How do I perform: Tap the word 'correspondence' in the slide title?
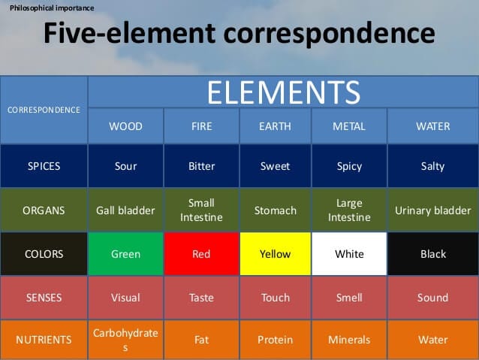330,33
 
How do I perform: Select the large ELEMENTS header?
284,92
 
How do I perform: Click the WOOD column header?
125,126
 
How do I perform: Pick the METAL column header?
349,126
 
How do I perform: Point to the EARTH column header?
276,126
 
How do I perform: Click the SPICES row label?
44,166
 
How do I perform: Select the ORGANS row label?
44,210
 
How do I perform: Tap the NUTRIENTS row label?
44,340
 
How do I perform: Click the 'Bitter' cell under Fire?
202,166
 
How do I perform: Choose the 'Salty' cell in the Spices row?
433,166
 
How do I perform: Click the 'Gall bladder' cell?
125,210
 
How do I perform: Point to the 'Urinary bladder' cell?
433,210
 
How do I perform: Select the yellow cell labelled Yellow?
276,254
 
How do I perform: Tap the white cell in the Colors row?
349,254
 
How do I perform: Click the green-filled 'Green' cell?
125,254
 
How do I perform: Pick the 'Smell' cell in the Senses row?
349,298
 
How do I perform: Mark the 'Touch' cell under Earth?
276,298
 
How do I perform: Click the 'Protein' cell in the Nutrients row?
276,340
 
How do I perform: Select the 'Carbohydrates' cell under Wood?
125,340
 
